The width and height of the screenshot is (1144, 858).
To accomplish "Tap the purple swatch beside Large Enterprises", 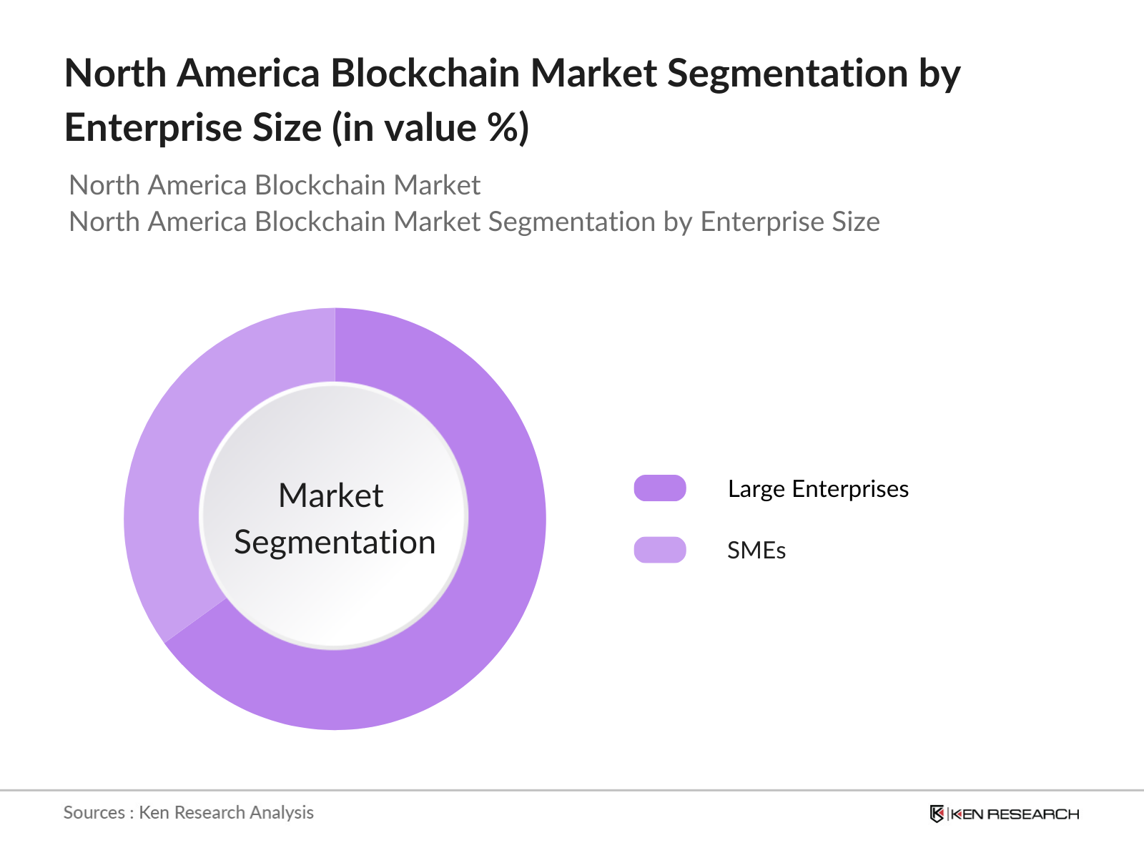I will coord(659,488).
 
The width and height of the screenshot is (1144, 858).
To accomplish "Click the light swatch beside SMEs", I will coord(659,550).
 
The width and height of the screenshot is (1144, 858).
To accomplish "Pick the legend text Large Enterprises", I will coord(818,489).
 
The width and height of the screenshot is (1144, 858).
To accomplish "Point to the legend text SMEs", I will coord(756,551).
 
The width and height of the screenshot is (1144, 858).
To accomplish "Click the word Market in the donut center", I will coord(330,495).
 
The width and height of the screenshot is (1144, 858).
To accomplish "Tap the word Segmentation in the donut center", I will coord(335,542).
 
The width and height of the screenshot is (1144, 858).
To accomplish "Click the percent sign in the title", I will coord(501,128).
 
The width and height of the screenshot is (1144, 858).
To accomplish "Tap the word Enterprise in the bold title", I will coord(153,128).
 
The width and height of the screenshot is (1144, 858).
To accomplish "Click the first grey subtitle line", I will coord(275,185).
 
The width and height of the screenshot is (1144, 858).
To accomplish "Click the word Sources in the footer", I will coord(94,812).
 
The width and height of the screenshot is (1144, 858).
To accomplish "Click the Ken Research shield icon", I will coord(937,814).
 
